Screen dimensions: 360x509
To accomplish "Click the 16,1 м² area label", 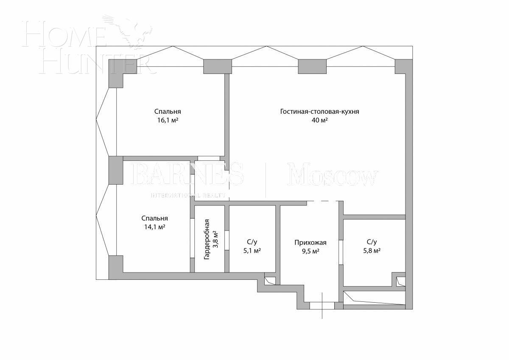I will pyautogui.click(x=168, y=120).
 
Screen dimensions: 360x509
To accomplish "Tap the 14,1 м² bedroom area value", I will pyautogui.click(x=155, y=227).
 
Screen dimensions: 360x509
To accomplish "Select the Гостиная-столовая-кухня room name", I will pyautogui.click(x=319, y=112).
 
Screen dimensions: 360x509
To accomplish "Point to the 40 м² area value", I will pyautogui.click(x=319, y=120).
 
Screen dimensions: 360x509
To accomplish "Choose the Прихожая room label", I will pyautogui.click(x=310, y=242).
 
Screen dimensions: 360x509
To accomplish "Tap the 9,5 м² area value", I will pyautogui.click(x=310, y=251).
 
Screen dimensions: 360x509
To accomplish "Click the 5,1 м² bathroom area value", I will pyautogui.click(x=252, y=251).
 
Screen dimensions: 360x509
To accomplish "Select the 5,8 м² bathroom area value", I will pyautogui.click(x=371, y=250).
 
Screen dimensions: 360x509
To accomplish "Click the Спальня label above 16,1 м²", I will pyautogui.click(x=168, y=112).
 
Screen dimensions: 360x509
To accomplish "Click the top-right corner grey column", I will pyautogui.click(x=403, y=66).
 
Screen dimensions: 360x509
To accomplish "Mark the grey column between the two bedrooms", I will pyautogui.click(x=116, y=170).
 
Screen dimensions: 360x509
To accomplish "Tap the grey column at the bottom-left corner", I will pyautogui.click(x=116, y=267).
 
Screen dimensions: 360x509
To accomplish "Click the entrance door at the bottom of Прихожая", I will pyautogui.click(x=322, y=305).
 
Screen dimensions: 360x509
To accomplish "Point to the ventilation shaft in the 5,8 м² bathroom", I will pyautogui.click(x=400, y=281).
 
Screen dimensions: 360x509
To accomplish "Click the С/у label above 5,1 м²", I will pyautogui.click(x=252, y=242).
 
